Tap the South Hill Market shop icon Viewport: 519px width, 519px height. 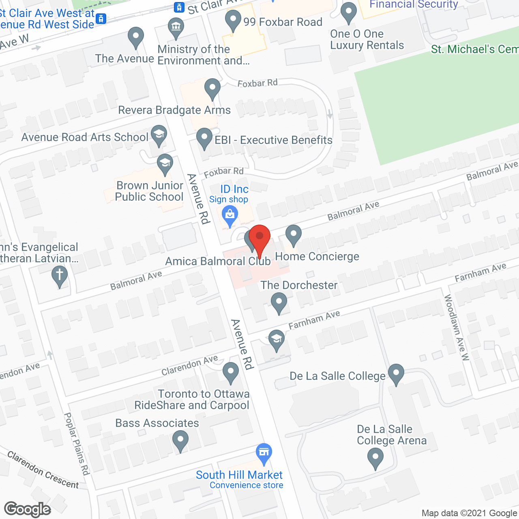(x=264, y=454)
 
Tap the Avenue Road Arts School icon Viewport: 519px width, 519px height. (x=159, y=135)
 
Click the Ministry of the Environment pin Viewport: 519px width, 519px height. (x=176, y=28)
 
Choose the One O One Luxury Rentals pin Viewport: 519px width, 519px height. (x=348, y=13)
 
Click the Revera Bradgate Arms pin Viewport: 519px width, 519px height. (x=212, y=89)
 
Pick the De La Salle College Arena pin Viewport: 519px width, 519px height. (x=375, y=459)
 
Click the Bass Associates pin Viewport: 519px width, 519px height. (x=180, y=441)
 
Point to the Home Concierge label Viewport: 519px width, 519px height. (x=317, y=256)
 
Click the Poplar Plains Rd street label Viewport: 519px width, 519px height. (x=77, y=444)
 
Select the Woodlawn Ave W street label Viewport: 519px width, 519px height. (x=457, y=328)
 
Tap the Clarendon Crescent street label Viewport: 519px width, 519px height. (x=43, y=470)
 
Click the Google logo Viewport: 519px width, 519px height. (x=28, y=509)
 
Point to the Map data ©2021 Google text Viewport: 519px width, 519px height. (x=470, y=513)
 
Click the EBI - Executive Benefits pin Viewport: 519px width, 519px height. (x=204, y=138)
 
